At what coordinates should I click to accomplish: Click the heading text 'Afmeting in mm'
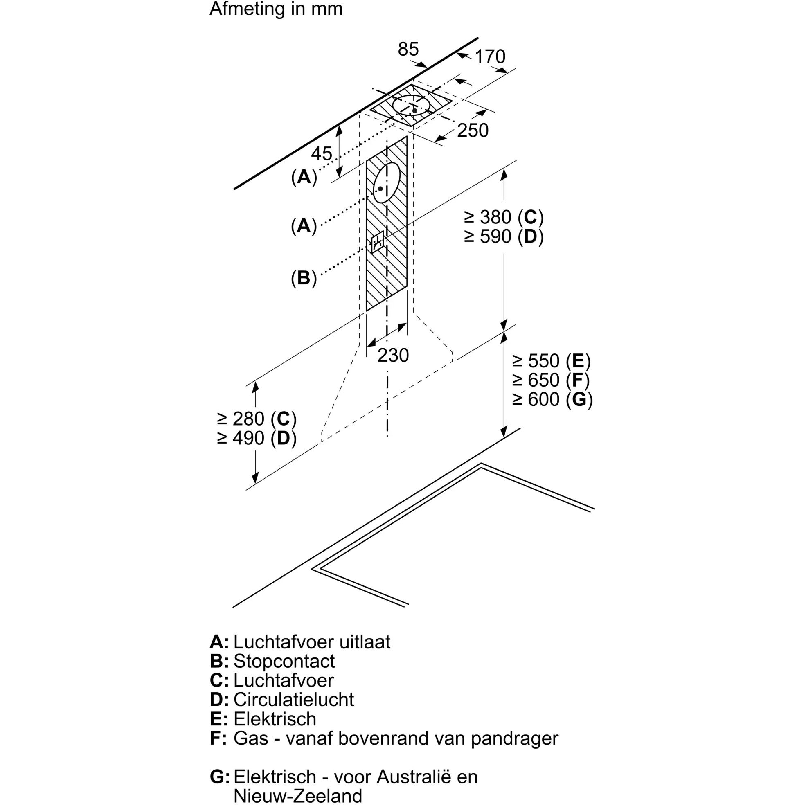pos(276,9)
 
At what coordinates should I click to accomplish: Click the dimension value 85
pos(408,49)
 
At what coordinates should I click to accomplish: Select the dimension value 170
pos(490,57)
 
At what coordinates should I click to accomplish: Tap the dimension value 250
pos(473,131)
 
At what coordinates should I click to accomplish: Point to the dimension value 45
pos(322,153)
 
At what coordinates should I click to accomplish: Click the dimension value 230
pos(393,355)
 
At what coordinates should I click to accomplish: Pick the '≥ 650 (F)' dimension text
pos(551,380)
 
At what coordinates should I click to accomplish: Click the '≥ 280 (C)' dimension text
pos(257,419)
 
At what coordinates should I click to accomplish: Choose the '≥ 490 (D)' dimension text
pos(257,438)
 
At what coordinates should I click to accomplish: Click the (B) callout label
pos(304,278)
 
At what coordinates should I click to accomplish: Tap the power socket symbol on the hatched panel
pos(377,242)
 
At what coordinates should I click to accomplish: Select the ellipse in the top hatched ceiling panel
pos(411,105)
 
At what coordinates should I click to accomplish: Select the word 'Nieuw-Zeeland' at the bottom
pos(297,796)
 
